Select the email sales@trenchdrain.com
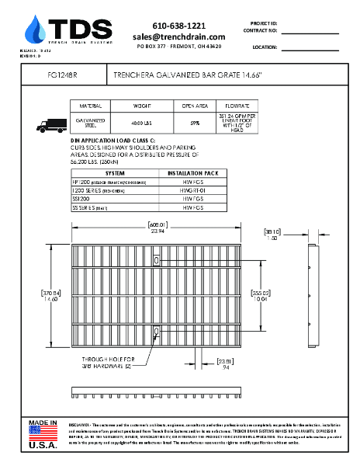(178, 37)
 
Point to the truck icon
(52, 123)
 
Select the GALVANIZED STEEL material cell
(90, 122)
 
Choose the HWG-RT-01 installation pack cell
(192, 190)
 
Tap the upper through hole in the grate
(157, 260)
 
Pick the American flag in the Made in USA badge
(43, 433)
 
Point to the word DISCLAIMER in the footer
(81, 426)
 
